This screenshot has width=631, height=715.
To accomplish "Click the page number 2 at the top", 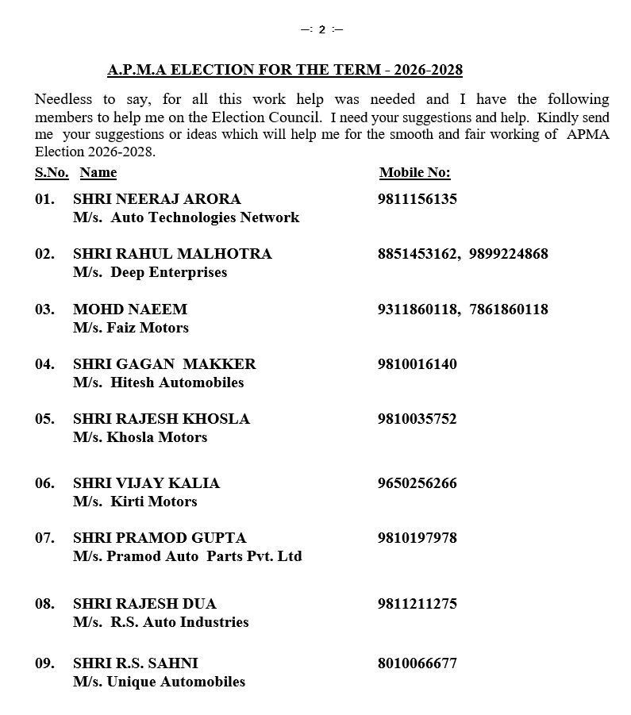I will (321, 30).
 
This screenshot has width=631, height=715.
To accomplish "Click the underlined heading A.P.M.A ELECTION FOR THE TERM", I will (285, 70).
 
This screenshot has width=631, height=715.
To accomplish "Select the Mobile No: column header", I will (414, 172).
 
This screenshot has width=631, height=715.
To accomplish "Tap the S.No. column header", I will (52, 172).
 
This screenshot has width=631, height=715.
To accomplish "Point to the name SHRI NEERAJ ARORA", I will (156, 199).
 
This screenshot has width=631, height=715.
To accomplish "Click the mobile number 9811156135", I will (417, 199).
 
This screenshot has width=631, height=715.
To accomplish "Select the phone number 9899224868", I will (508, 254).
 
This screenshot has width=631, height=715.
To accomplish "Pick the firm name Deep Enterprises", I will (168, 272).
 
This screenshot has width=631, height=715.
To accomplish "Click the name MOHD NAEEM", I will (130, 309).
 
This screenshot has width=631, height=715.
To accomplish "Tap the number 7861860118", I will (508, 309).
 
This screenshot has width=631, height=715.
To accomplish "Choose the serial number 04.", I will (44, 364).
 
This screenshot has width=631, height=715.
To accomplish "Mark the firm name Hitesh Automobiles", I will (177, 382).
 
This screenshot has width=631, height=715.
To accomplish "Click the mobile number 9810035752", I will (417, 419).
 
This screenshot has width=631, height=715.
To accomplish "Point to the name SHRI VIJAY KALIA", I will (146, 483).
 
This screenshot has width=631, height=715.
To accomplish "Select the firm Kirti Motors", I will (154, 502).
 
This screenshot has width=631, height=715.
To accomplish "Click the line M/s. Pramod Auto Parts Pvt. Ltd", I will (187, 556).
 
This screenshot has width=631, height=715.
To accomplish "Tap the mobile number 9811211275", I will (417, 604).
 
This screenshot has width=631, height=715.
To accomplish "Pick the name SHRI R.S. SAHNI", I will (135, 663).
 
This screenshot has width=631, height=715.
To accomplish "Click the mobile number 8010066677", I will (417, 663).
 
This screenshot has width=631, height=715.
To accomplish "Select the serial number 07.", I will (44, 538).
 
